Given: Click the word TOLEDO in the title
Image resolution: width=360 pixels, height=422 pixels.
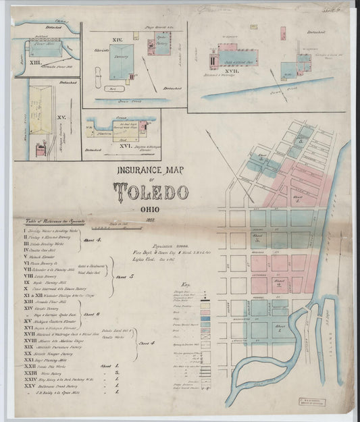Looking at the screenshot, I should click(x=151, y=192).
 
